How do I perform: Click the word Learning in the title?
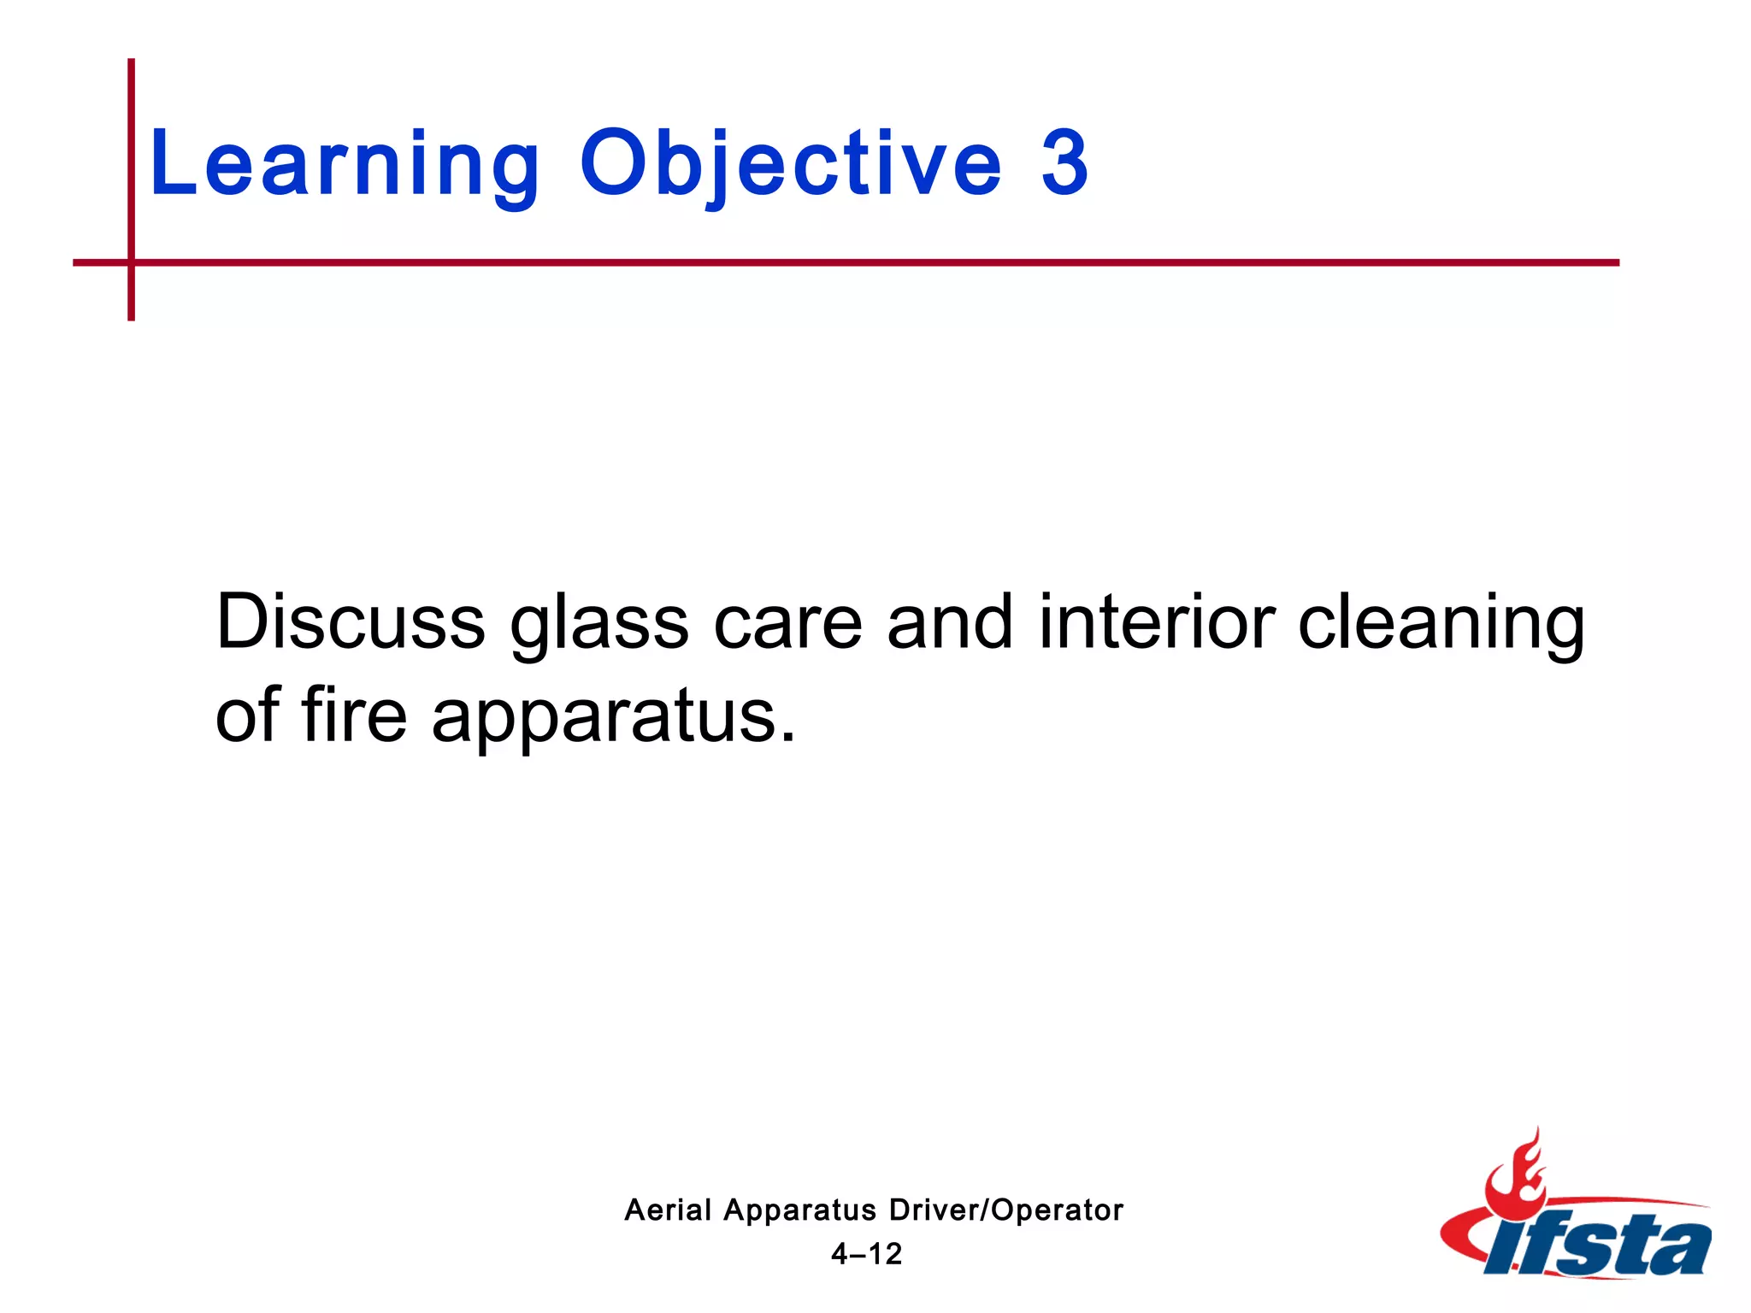point(345,164)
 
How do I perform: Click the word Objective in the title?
point(790,164)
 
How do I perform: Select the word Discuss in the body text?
point(351,622)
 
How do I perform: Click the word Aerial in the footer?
point(668,1210)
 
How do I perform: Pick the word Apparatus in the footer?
point(799,1211)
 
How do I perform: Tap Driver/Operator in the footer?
point(1005,1210)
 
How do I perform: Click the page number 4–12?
point(866,1254)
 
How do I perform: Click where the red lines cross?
point(132,262)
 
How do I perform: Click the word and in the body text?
point(950,622)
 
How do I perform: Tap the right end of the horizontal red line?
point(1616,262)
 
